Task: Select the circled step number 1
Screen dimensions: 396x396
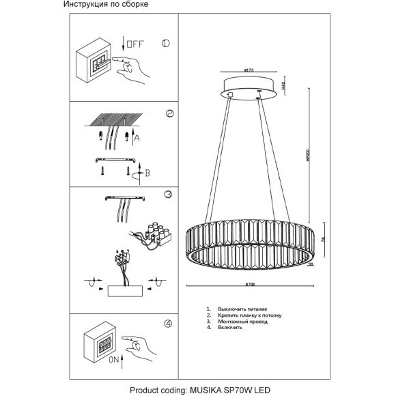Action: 165,44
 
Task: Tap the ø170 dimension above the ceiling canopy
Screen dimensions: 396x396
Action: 249,70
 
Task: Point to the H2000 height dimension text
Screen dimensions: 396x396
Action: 308,156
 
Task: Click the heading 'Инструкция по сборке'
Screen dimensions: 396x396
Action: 105,5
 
